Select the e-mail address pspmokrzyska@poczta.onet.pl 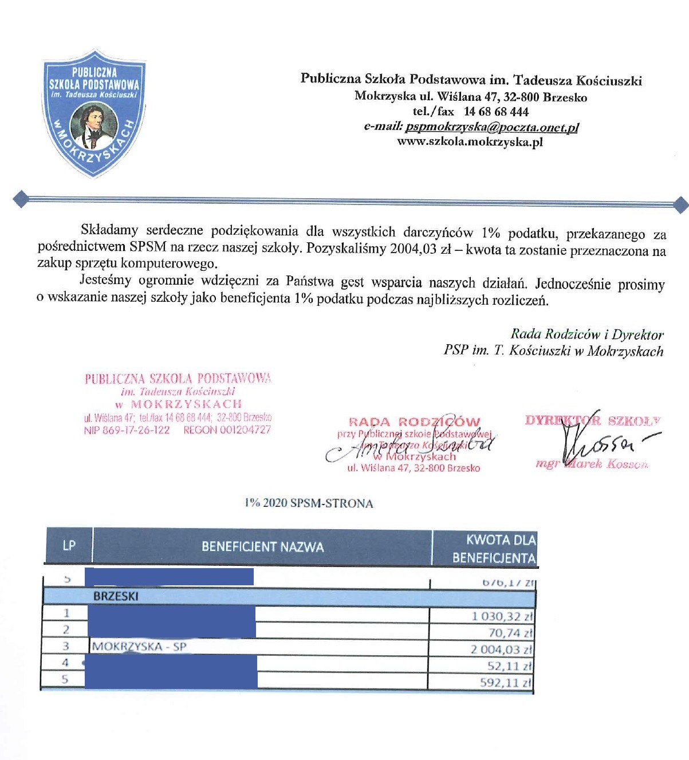pyautogui.click(x=491, y=127)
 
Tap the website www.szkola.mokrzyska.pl pyautogui.click(x=470, y=141)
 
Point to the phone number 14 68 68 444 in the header pyautogui.click(x=496, y=112)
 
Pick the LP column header pyautogui.click(x=69, y=545)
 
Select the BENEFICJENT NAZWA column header pyautogui.click(x=262, y=547)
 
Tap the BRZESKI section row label pyautogui.click(x=116, y=596)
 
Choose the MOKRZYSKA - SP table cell pyautogui.click(x=139, y=647)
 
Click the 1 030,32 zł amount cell pyautogui.click(x=502, y=616)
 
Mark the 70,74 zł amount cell pyautogui.click(x=510, y=633)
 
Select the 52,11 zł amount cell pyautogui.click(x=510, y=666)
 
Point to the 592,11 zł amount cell pyautogui.click(x=506, y=683)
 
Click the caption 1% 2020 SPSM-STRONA pyautogui.click(x=309, y=503)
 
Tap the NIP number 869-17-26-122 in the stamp pyautogui.click(x=127, y=430)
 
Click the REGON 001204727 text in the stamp pyautogui.click(x=227, y=430)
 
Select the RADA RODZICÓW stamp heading pyautogui.click(x=414, y=422)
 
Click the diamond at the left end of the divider pyautogui.click(x=21, y=199)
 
